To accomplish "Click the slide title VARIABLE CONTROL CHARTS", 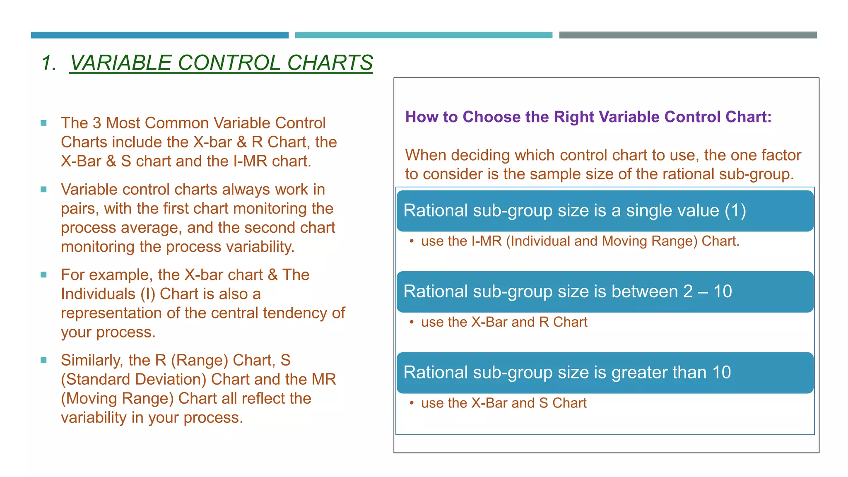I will click(221, 63).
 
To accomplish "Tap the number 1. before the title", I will click(49, 63).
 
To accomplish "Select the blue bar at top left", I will click(159, 35).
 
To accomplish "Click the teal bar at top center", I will click(423, 35).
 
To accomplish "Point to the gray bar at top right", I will click(688, 35).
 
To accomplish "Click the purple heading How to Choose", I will click(588, 117).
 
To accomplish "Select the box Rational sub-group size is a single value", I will click(605, 211).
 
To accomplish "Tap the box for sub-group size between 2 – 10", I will click(605, 291).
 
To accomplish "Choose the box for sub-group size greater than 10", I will click(605, 373).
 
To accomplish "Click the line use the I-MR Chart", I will click(580, 241).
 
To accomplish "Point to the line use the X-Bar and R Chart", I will click(504, 322).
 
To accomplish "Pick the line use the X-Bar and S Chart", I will click(503, 403).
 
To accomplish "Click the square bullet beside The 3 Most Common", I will click(43, 123).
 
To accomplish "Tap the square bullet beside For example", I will click(43, 275).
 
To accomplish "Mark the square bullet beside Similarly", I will click(43, 360).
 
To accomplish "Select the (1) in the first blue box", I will click(735, 211).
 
